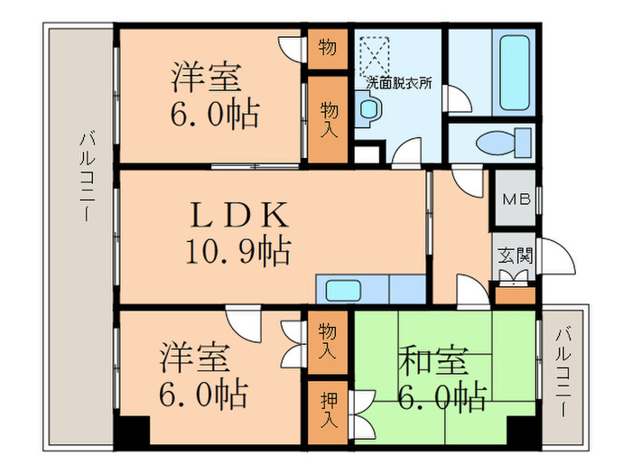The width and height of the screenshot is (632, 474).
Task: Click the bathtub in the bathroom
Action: [515, 72]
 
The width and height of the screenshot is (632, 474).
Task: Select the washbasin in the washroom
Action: [368, 109]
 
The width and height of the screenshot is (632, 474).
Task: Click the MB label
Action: [516, 199]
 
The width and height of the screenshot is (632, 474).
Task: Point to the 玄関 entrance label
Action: [516, 256]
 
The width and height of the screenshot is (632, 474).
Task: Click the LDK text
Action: [239, 215]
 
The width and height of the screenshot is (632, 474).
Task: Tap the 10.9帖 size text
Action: [237, 251]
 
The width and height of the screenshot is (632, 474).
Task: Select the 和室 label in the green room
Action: [433, 360]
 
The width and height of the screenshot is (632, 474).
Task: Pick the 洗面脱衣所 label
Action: [399, 83]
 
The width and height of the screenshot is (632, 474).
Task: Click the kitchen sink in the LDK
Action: [343, 290]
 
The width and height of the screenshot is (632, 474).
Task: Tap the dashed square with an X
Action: [375, 56]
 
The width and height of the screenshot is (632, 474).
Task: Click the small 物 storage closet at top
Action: [328, 49]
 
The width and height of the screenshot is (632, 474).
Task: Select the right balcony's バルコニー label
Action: [563, 373]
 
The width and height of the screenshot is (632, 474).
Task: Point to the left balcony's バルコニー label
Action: [87, 176]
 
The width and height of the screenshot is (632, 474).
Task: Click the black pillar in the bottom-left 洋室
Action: [132, 431]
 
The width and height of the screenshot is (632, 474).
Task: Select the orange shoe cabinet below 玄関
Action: [516, 295]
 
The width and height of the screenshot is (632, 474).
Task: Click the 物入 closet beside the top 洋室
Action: [328, 120]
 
